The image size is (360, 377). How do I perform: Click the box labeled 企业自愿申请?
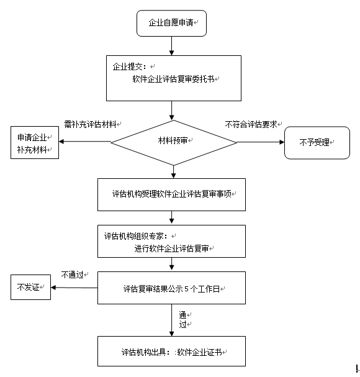click(x=171, y=24)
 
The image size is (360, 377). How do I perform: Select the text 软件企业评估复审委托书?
click(x=173, y=79)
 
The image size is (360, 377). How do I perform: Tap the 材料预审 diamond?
click(x=174, y=143)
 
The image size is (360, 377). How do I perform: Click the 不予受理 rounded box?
click(x=317, y=143)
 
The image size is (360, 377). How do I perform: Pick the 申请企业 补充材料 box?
click(x=35, y=143)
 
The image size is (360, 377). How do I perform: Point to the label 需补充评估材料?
click(x=91, y=124)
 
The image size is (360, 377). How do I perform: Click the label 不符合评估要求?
click(x=251, y=124)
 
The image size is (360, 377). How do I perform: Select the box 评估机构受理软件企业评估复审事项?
click(x=171, y=194)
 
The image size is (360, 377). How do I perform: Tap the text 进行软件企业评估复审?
click(x=171, y=248)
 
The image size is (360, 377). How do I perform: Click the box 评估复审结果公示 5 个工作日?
click(x=171, y=288)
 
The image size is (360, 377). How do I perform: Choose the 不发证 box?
click(x=31, y=287)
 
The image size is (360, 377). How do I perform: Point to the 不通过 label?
click(x=73, y=275)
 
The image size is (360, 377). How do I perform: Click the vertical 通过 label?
click(x=182, y=319)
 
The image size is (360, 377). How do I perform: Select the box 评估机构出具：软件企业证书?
click(x=171, y=351)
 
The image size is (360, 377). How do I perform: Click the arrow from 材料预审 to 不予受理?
click(x=261, y=142)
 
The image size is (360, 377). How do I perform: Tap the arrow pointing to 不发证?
click(x=74, y=288)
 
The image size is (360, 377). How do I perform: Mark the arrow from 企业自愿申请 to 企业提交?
click(x=171, y=46)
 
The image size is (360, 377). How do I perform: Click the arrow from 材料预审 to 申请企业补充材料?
click(x=85, y=142)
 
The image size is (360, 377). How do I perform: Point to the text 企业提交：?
click(x=129, y=66)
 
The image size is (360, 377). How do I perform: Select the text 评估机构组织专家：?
click(x=136, y=236)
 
